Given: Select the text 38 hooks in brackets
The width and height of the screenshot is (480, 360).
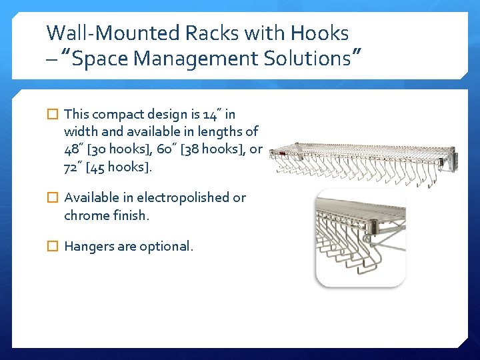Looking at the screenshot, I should (x=215, y=149).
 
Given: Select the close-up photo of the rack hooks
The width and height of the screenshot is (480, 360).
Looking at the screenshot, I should (x=360, y=238).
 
